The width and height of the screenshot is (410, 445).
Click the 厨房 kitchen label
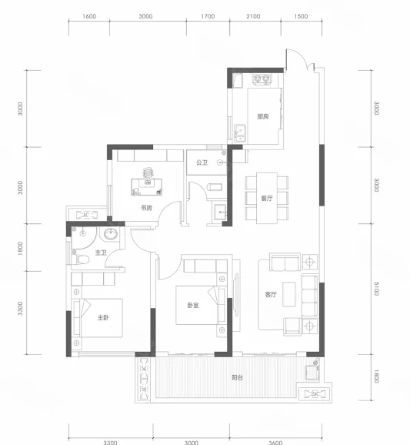point(263,116)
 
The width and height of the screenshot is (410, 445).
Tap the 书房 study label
point(146,208)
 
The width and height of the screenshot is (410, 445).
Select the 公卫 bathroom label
point(202,162)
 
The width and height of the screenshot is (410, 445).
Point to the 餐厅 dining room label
point(267,198)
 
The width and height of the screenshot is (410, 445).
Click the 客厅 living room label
point(271,295)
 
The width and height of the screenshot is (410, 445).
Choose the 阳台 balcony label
point(238,378)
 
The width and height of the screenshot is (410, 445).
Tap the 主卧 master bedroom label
point(103,317)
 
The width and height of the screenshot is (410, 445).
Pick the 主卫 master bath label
point(101,253)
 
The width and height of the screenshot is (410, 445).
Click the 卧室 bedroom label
point(193,306)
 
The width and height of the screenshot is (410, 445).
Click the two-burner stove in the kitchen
point(262,79)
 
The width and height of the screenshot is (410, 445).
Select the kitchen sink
point(240,133)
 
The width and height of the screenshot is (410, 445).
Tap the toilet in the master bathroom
point(81,259)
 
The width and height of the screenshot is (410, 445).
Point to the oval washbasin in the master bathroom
point(111,234)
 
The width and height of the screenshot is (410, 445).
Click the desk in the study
point(147,187)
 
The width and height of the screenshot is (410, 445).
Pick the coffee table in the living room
point(289,294)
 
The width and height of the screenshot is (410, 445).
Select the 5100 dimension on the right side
point(376,289)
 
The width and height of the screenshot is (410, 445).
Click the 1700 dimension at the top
point(208,16)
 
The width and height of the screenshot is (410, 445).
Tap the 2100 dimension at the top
point(253,16)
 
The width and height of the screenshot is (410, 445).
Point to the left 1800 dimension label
point(20,249)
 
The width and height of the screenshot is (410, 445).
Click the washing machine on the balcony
point(312,373)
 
